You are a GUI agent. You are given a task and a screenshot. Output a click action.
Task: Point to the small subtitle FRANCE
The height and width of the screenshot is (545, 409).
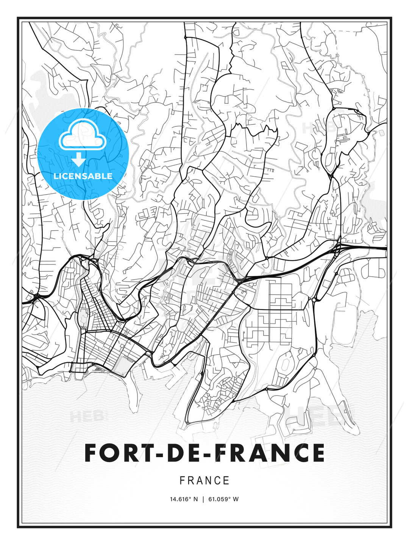tap(204, 481)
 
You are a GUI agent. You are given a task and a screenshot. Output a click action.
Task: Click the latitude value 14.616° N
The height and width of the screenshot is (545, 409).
tap(184, 499)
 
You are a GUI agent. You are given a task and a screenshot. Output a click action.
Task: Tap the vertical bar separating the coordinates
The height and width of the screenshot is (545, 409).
tap(203, 499)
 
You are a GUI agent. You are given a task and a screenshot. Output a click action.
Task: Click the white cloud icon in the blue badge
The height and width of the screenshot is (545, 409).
tap(83, 135)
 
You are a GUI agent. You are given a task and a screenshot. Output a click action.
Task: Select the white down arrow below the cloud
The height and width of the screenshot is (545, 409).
tap(79, 160)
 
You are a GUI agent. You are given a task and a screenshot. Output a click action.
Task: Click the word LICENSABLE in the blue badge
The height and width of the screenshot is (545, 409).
tap(83, 176)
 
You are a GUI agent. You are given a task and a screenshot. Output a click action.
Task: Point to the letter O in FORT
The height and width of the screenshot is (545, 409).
tap(110, 453)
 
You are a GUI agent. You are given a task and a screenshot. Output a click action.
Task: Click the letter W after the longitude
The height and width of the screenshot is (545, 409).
tap(236, 499)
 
